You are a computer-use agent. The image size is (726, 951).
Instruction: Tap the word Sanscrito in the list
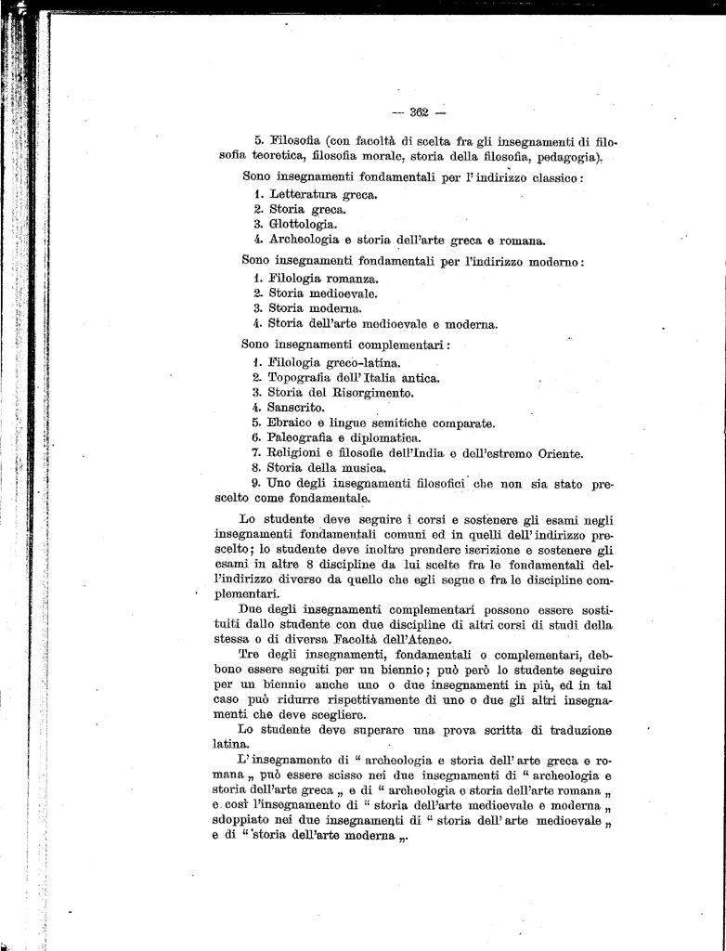click(295, 407)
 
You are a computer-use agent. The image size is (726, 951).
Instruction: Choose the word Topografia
click(302, 377)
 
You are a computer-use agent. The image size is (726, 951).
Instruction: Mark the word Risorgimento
click(354, 392)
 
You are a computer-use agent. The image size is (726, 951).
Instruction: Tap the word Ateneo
click(425, 639)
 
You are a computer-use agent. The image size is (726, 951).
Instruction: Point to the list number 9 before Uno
click(256, 483)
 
